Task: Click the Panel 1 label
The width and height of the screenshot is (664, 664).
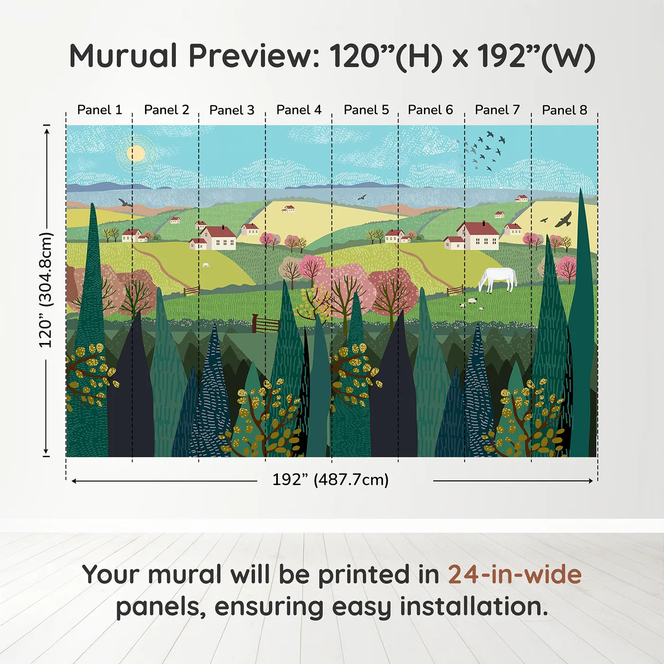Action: (x=100, y=110)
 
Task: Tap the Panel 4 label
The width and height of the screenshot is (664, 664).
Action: (x=299, y=110)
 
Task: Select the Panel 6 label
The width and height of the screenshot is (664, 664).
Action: (x=430, y=110)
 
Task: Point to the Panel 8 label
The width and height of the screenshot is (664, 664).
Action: (x=564, y=110)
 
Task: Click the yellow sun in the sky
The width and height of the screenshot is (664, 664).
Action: (x=136, y=153)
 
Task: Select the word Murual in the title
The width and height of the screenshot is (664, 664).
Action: (x=123, y=56)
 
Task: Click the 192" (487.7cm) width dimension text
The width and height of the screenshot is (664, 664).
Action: (x=330, y=480)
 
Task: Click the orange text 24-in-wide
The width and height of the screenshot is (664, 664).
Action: (x=515, y=575)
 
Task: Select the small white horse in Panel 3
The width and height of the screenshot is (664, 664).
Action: (x=206, y=265)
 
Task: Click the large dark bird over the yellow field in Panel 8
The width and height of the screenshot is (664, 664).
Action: (x=563, y=220)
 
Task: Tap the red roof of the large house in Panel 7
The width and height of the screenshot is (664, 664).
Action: (x=478, y=229)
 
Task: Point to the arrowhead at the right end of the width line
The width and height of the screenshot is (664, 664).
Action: (x=590, y=481)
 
